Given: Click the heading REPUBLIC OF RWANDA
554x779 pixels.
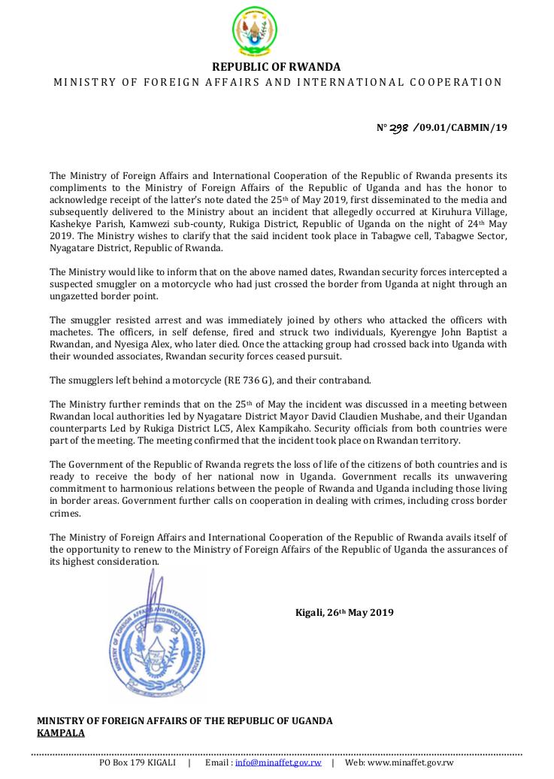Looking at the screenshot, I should [277, 67].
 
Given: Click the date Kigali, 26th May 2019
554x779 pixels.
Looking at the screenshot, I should [344, 612].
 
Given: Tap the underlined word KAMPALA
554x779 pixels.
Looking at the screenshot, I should [61, 732].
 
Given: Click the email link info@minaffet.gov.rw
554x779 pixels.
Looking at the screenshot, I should [278, 762].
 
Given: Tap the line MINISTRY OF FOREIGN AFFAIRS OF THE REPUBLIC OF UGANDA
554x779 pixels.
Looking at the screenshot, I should [185, 720].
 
